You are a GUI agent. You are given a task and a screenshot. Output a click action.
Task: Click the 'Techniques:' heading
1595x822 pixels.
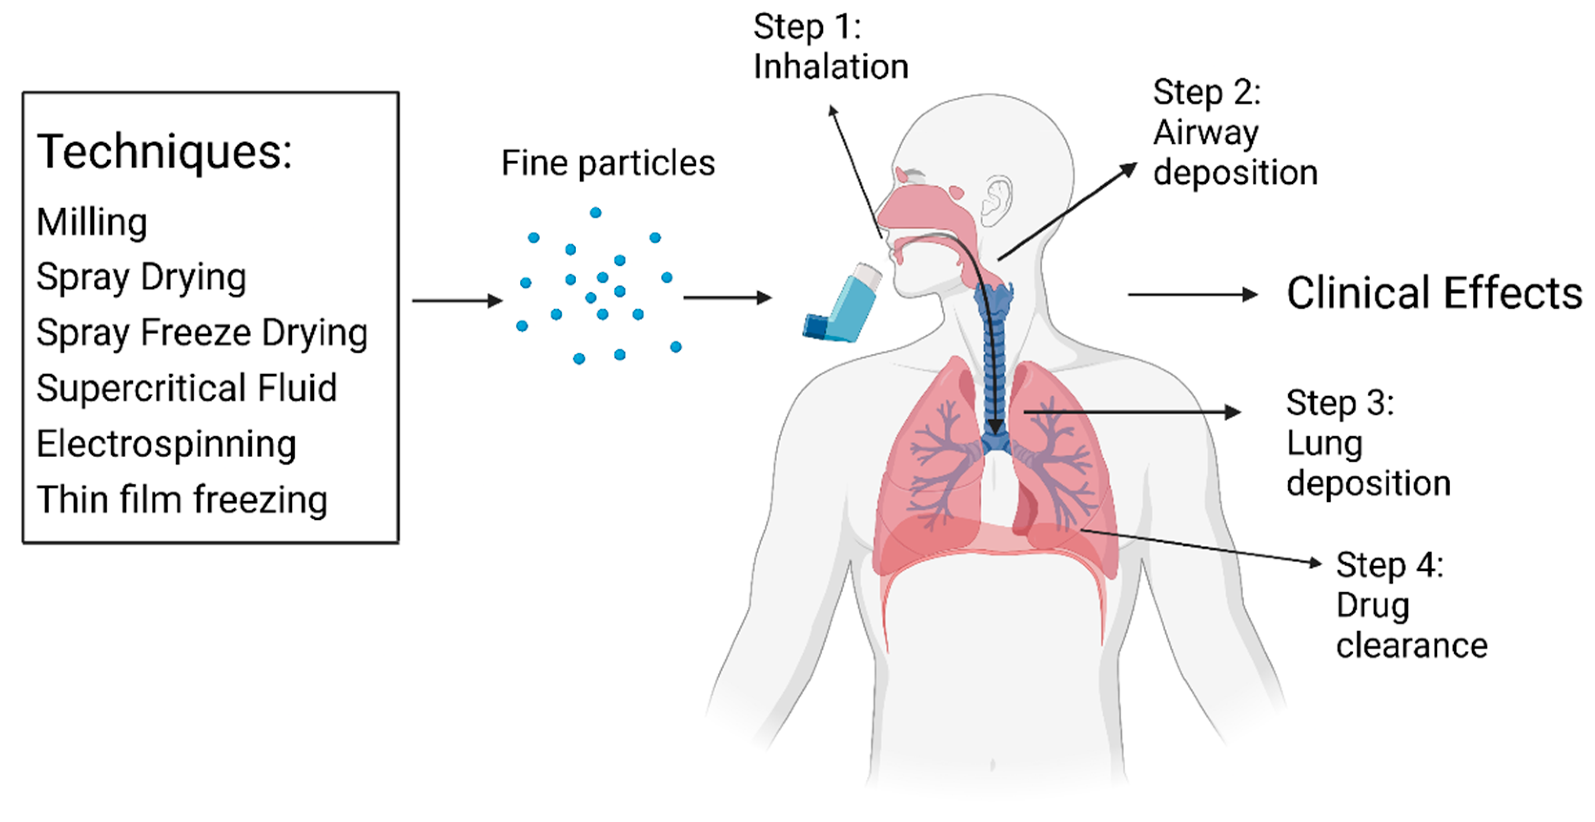click(x=164, y=152)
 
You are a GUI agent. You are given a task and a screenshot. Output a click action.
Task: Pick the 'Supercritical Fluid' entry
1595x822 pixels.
click(x=186, y=389)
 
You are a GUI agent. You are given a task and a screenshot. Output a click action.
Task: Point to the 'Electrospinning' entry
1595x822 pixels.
click(x=166, y=444)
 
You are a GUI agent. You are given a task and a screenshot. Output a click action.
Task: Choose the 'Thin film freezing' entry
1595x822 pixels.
click(x=182, y=500)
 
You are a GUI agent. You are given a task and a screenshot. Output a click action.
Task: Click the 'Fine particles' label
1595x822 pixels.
click(x=608, y=164)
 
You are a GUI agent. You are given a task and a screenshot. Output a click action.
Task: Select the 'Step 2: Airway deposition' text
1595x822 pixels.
click(x=1234, y=133)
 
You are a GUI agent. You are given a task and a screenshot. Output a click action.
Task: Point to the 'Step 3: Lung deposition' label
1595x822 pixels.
click(x=1368, y=443)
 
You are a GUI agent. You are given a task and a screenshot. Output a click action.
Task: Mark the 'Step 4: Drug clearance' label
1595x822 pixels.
click(x=1411, y=605)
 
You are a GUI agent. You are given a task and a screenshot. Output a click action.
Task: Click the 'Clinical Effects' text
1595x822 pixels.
click(x=1434, y=293)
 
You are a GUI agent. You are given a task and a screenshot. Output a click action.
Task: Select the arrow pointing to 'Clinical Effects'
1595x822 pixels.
click(x=1191, y=294)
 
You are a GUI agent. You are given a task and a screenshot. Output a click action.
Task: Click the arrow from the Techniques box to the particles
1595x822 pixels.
click(x=457, y=301)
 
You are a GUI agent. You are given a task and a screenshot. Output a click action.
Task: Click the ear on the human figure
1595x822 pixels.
click(x=996, y=200)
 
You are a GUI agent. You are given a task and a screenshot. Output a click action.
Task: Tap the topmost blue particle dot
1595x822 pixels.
click(x=596, y=213)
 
